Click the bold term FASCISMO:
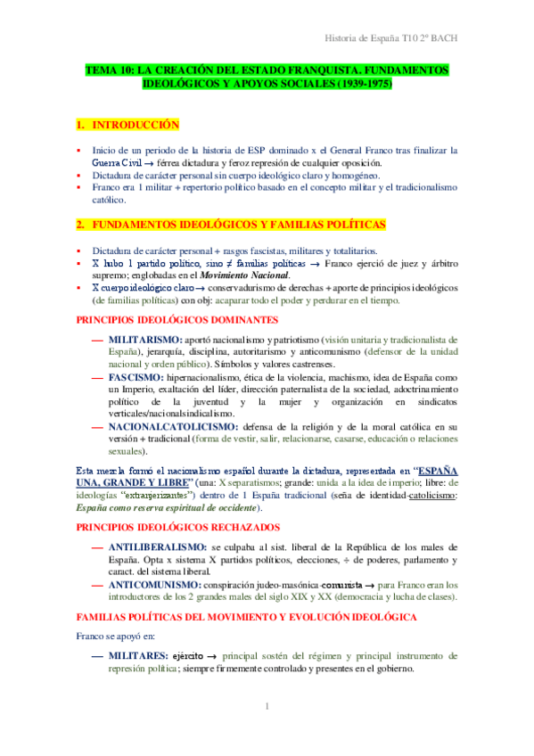click(134, 378)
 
